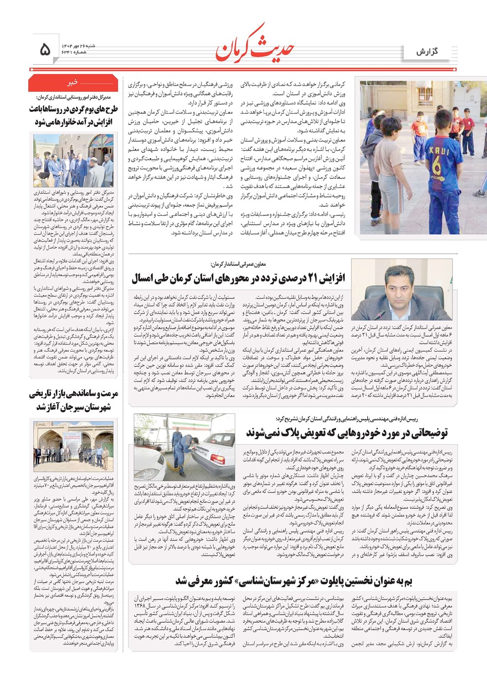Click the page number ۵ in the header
45,49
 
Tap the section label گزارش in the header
427,51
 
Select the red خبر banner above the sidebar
73,83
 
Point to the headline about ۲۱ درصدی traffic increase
238,278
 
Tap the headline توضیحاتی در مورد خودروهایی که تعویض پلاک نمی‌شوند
346,432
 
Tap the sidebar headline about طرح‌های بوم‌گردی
73,115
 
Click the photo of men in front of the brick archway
73,446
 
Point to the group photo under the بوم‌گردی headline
73,160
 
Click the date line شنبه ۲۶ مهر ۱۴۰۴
78,45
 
